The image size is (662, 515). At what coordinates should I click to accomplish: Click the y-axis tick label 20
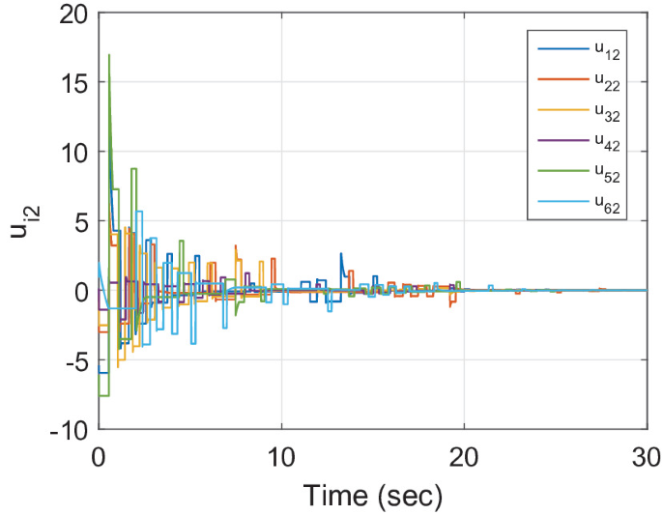pos(72,15)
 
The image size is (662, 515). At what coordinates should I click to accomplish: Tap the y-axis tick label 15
pos(72,84)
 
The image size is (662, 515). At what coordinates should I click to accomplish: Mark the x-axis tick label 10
pos(281,454)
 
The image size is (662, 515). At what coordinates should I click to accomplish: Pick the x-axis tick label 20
pos(464,454)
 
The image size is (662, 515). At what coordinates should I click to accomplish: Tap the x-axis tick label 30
pos(646,454)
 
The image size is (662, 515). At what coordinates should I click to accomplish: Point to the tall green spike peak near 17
pos(109,55)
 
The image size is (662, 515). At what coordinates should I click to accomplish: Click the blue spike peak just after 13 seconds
pos(341,254)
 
